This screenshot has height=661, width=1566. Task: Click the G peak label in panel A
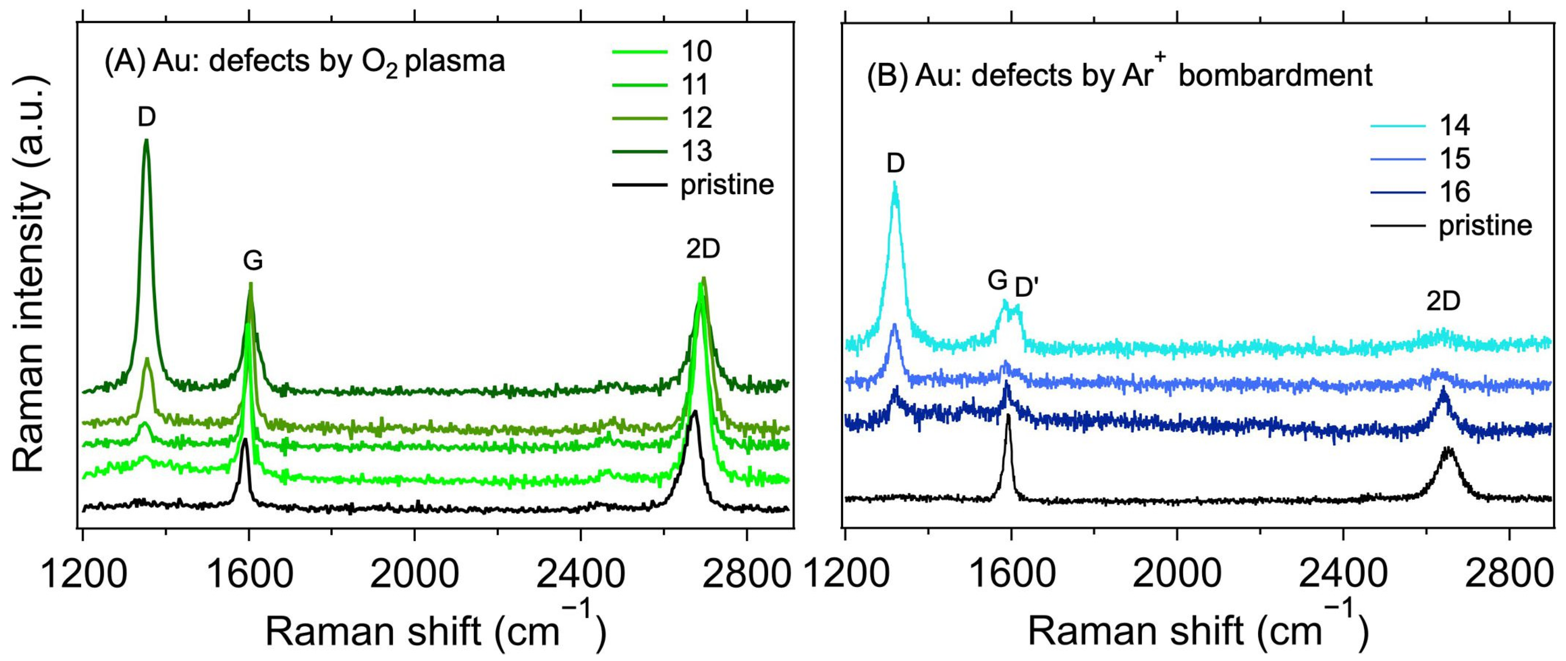(253, 261)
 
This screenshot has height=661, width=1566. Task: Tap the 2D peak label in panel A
(703, 249)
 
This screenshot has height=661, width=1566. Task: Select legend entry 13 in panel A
(696, 151)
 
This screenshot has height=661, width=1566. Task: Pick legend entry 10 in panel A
(696, 52)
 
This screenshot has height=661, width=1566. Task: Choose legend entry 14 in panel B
(1454, 125)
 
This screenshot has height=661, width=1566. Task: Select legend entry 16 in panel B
(1454, 192)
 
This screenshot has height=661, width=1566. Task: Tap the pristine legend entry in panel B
(1484, 226)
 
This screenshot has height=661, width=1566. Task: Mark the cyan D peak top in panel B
(894, 183)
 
